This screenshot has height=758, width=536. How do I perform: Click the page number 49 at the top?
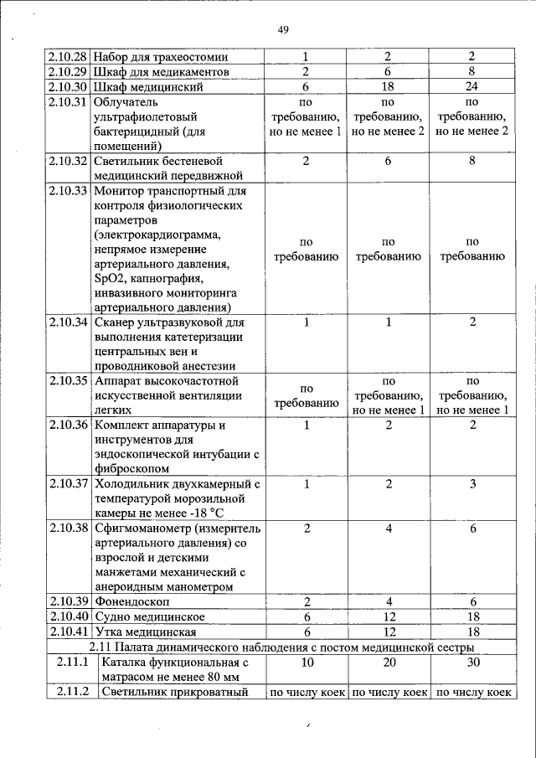point(283,30)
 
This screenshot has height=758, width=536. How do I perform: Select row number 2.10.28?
point(68,56)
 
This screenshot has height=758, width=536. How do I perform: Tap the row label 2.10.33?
point(68,190)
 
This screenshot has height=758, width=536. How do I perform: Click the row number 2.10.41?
point(68,632)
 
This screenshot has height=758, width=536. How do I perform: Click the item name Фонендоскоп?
point(131,602)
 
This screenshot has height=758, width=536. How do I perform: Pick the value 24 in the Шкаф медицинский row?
point(472,86)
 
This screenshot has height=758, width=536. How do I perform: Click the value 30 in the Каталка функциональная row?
point(472,663)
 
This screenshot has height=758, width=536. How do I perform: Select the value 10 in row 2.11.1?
point(307,663)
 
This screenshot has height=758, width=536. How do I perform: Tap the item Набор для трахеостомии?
point(161,56)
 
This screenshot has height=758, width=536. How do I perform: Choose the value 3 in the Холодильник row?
point(472,483)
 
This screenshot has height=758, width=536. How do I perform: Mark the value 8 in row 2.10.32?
point(472,160)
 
